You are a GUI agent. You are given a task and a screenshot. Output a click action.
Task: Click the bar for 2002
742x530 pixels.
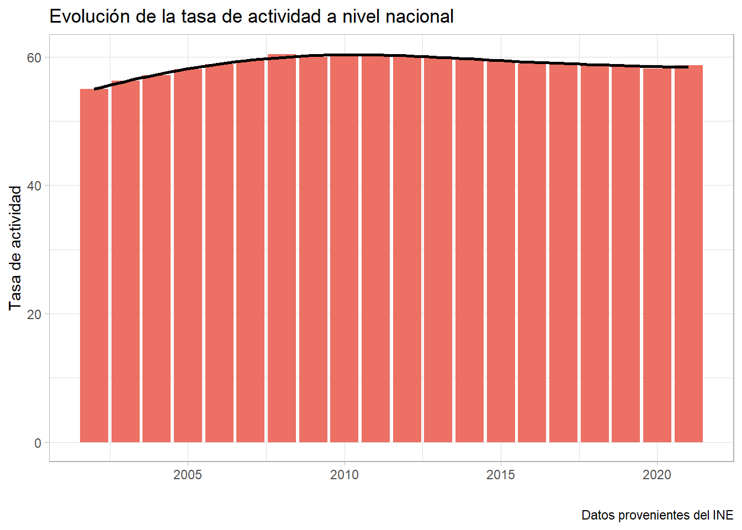pos(94,265)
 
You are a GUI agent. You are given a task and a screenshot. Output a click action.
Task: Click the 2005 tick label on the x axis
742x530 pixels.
pos(188,475)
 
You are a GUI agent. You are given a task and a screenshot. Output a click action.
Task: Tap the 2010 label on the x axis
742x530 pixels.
pos(344,475)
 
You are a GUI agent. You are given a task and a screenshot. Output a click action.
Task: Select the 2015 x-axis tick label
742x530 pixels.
pos(501,475)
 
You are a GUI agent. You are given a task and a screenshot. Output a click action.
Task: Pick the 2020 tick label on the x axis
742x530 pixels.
pos(657,475)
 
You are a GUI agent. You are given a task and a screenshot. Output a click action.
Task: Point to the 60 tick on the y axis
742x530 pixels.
pos(34,57)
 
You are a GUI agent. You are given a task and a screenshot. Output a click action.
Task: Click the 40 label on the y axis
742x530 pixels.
pos(34,186)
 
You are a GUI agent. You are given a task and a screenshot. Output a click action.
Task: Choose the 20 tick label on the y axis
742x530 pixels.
pos(34,315)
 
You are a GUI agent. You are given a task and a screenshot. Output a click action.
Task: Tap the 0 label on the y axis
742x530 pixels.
pos(38,443)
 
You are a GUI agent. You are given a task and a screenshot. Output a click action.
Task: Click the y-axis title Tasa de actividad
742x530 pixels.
pos(15,248)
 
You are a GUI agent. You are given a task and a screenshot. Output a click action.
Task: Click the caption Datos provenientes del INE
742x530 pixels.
pos(657,515)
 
